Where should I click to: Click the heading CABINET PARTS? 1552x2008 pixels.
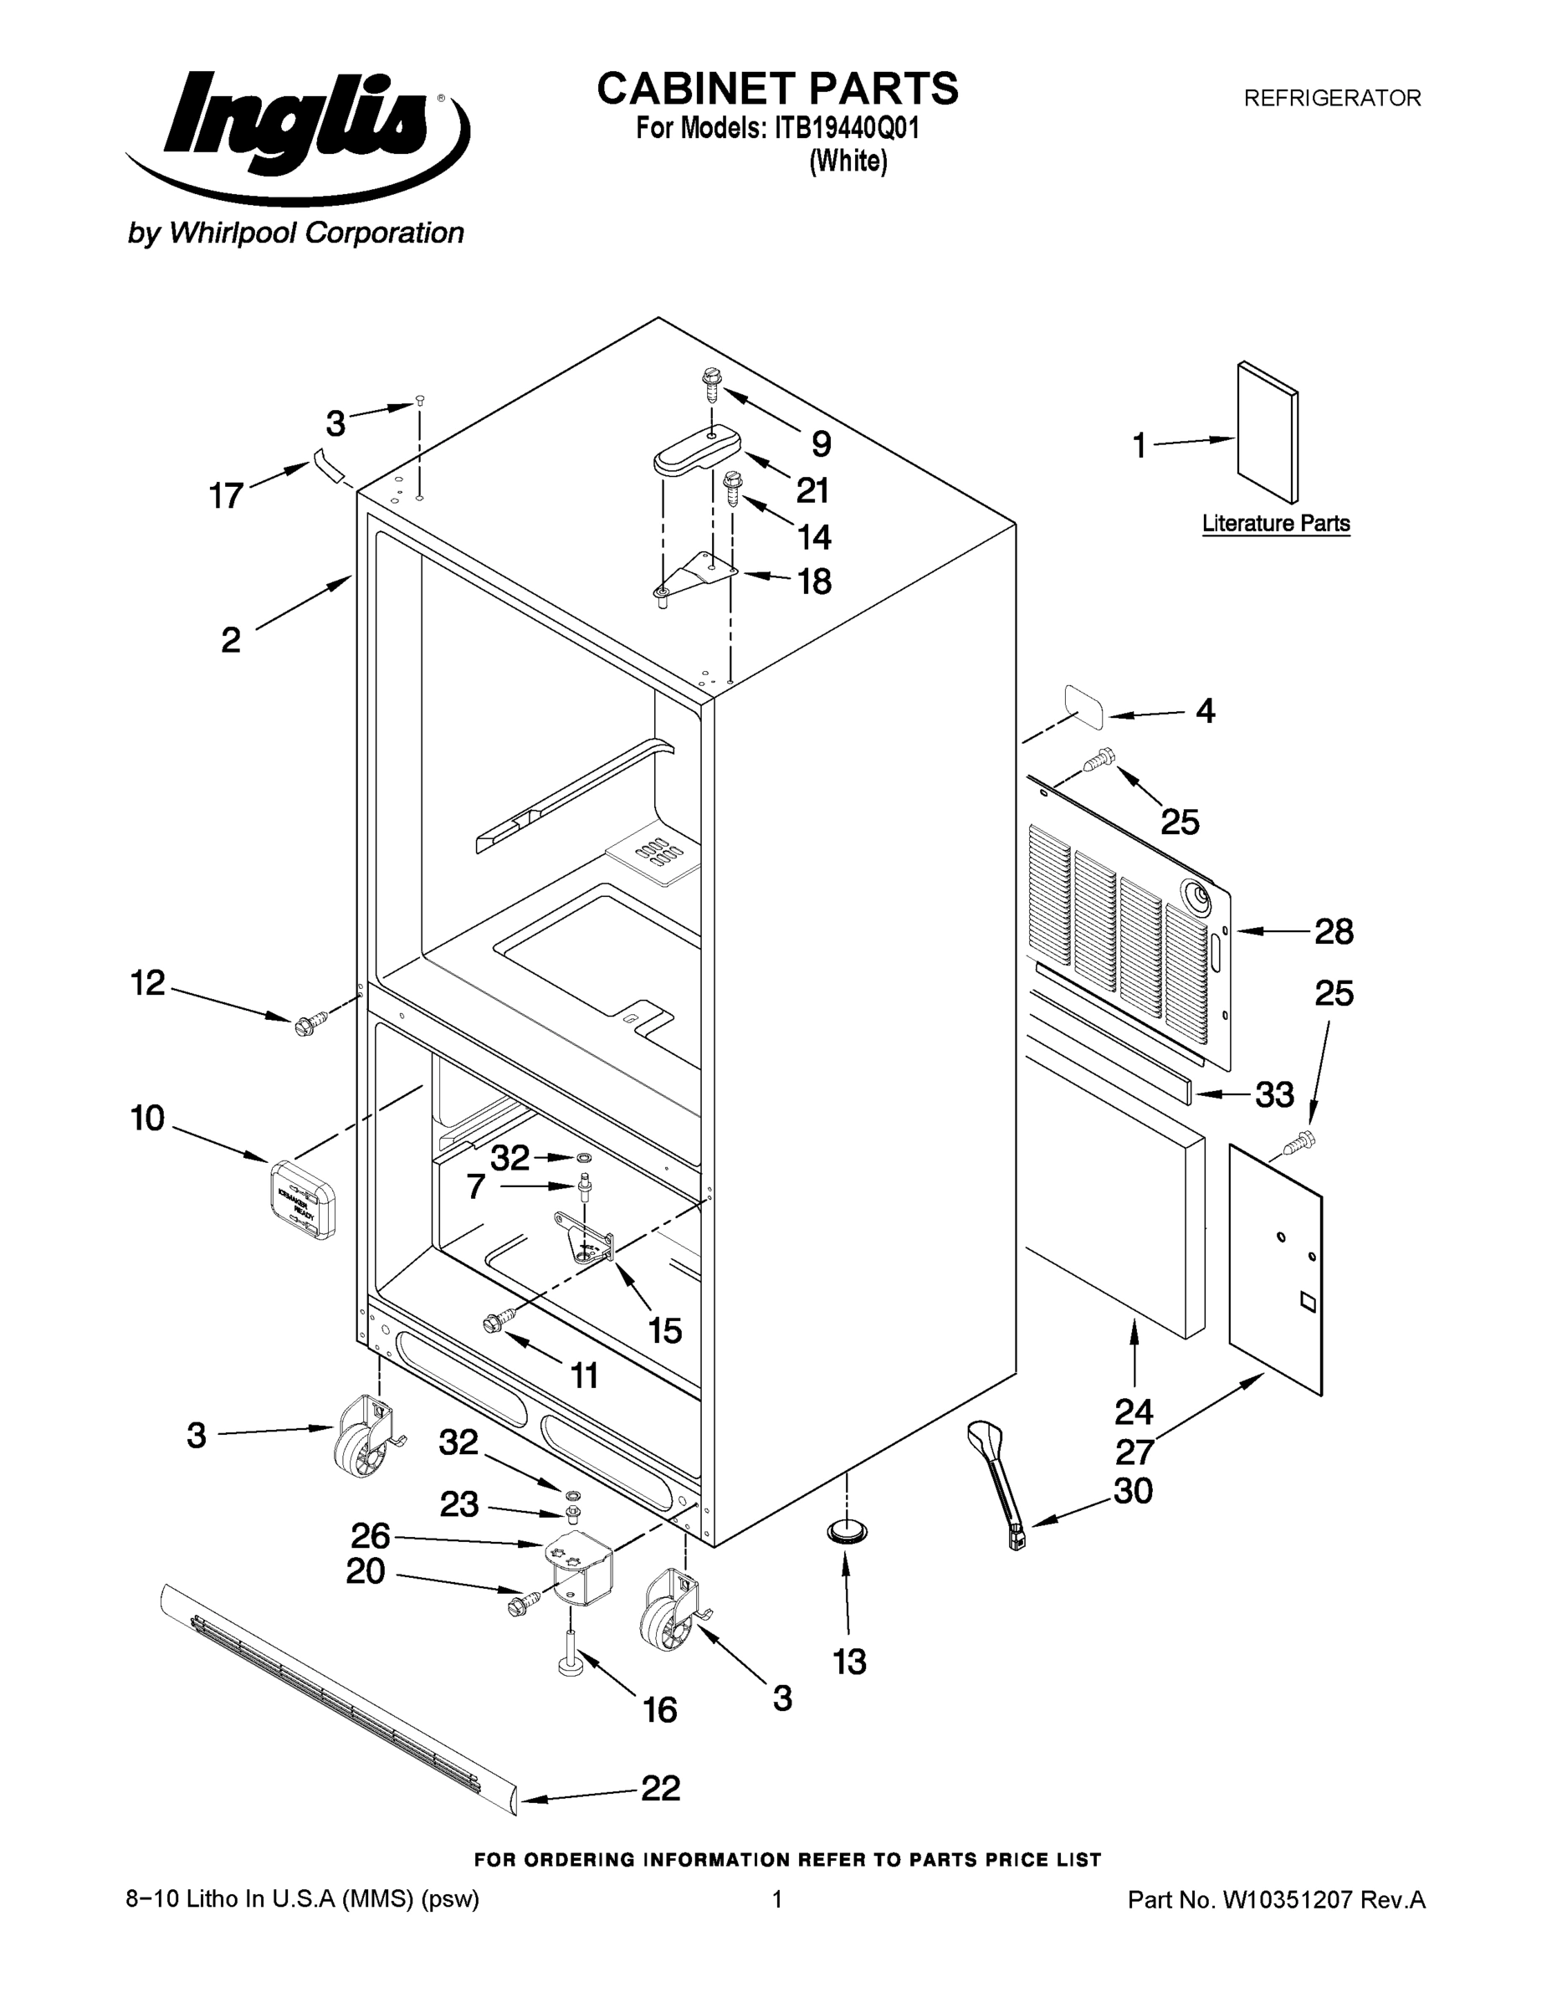(777, 90)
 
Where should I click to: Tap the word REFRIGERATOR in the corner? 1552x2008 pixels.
(1331, 99)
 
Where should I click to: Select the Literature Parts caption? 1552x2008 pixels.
(1275, 523)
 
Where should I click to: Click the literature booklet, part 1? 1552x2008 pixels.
(1267, 431)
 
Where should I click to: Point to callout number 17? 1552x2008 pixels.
(226, 496)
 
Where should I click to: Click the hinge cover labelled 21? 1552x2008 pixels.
(697, 450)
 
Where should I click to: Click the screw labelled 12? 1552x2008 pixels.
(310, 1023)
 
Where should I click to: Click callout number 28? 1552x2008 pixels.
(1333, 932)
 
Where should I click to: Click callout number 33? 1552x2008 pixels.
(1274, 1095)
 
